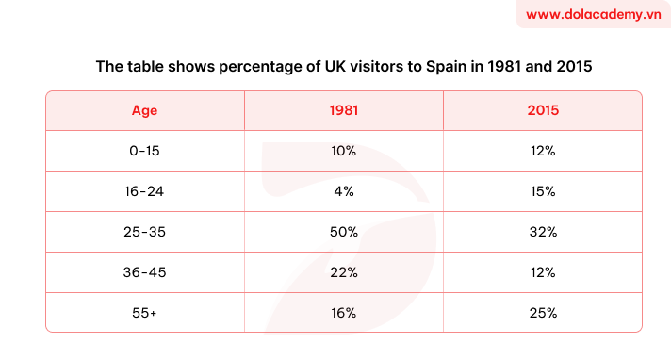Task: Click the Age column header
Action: [x=144, y=110]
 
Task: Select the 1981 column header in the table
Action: [x=343, y=110]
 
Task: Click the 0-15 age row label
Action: [x=144, y=151]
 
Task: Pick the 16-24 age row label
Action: [x=144, y=191]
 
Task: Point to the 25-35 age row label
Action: [x=144, y=232]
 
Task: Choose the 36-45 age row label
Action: [x=144, y=272]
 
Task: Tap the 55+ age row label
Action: [x=144, y=313]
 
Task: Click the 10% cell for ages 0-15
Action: [x=343, y=151]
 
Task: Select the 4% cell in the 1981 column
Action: [x=343, y=191]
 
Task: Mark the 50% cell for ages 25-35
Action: [x=343, y=232]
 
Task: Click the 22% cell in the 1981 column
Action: [x=343, y=272]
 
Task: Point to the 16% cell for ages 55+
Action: [x=343, y=313]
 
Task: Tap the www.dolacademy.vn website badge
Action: [x=593, y=15]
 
